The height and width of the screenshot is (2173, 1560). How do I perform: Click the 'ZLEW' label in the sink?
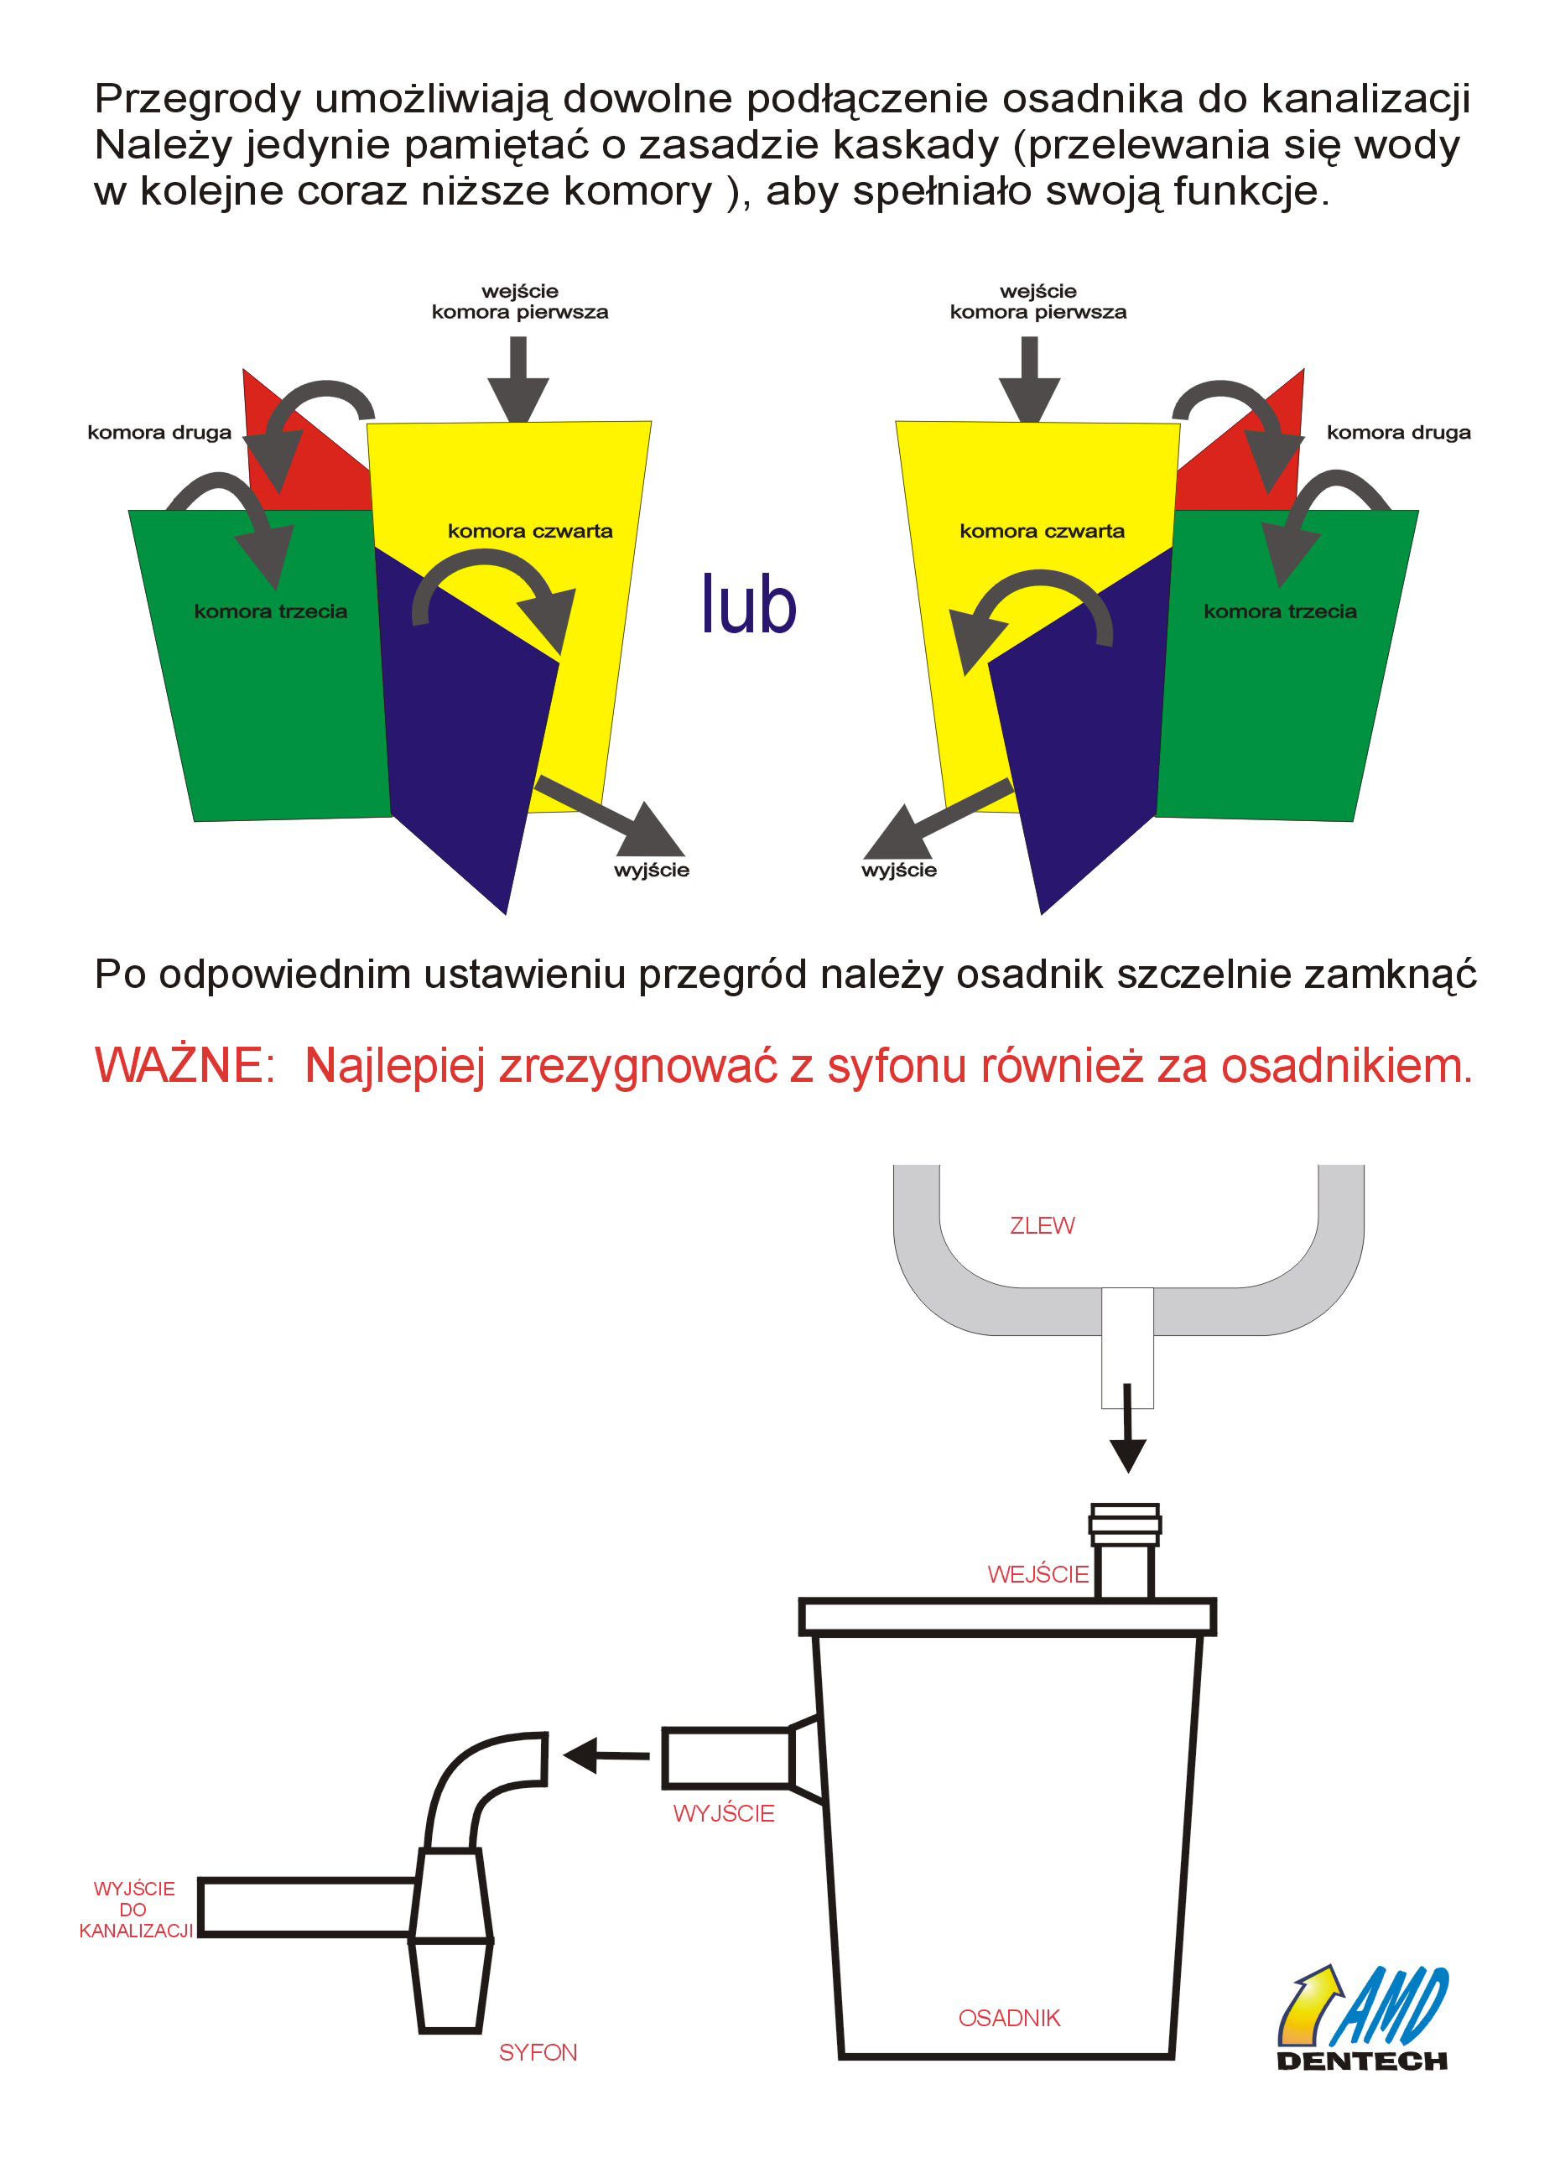click(1042, 1225)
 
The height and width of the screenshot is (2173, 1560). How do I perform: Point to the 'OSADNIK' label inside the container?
click(1009, 2018)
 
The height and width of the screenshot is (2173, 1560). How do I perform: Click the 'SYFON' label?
click(538, 2052)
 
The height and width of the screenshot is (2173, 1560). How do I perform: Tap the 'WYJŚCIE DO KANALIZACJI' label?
click(135, 1910)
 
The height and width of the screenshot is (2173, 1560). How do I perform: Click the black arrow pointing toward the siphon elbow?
click(606, 1755)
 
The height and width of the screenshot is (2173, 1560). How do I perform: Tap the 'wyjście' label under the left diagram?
click(652, 870)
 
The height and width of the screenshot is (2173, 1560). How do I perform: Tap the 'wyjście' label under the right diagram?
click(899, 870)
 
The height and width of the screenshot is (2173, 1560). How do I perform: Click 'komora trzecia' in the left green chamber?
click(270, 611)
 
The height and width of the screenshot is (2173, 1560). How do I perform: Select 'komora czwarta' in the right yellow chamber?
click(1042, 531)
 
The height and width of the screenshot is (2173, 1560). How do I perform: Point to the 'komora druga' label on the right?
click(1398, 432)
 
